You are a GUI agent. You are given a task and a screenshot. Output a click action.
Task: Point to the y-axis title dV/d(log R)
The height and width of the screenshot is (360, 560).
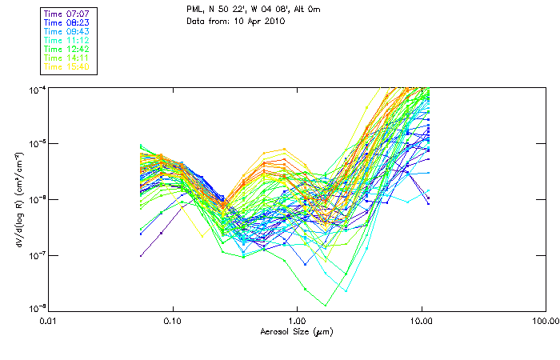(17, 199)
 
